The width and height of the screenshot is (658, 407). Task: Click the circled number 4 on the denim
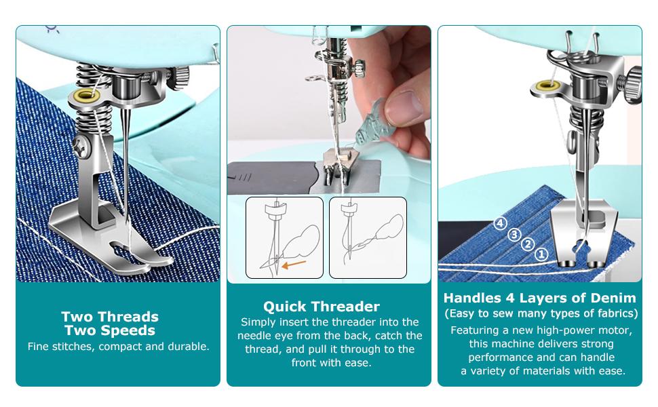500,223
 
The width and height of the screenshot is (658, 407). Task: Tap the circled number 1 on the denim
541,254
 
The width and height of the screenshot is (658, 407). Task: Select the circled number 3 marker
515,234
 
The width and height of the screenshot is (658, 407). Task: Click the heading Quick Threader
322,306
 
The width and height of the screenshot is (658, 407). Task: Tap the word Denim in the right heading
613,298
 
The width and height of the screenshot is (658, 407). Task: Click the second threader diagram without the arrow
368,237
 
